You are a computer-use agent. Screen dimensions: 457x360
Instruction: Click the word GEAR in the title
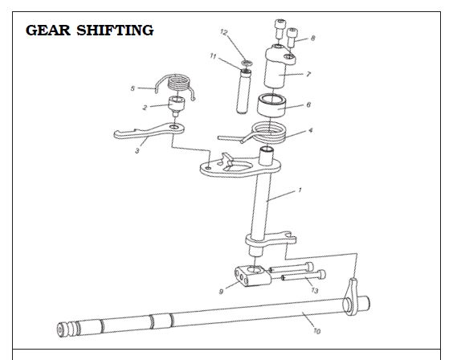48,31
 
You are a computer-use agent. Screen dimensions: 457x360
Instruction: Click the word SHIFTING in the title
115,31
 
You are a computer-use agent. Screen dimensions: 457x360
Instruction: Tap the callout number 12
223,32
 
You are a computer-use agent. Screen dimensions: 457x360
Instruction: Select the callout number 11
213,56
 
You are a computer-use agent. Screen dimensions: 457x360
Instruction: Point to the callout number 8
312,38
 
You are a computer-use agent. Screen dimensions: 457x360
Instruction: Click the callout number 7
308,74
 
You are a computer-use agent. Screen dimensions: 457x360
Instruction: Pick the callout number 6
308,104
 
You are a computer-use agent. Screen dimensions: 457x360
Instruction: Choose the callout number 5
133,88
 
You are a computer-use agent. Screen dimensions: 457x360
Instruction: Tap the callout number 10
316,331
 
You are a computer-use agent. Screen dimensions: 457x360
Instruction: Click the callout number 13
315,290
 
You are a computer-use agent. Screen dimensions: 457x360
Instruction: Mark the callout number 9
221,292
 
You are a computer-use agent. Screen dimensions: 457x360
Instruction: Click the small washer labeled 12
247,63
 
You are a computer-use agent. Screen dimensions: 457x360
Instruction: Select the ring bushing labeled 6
271,105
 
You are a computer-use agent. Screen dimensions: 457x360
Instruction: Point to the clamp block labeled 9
253,276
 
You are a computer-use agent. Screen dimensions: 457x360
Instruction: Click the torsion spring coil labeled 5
176,84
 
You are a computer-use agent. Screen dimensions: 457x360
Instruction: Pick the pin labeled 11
243,91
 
